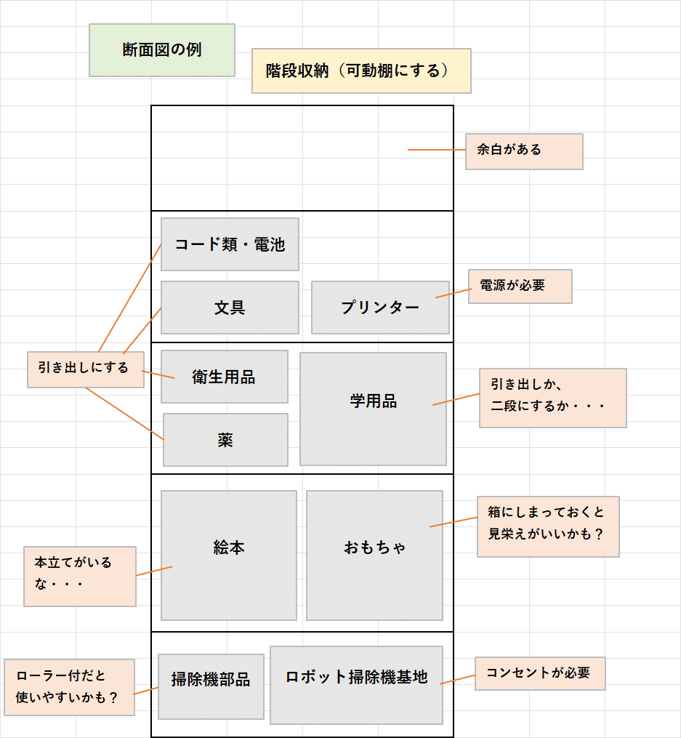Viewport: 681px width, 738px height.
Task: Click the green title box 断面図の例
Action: coord(162,50)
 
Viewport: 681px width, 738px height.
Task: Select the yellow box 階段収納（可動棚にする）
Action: coord(361,71)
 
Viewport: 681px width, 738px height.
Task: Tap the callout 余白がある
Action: coord(524,151)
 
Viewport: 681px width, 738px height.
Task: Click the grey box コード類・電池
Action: coord(230,244)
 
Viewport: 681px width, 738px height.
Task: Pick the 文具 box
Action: coord(230,308)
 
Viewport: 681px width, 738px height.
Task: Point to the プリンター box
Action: coord(380,308)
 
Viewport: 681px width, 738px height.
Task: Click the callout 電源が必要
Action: coord(520,286)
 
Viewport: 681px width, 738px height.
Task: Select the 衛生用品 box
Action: coord(224,377)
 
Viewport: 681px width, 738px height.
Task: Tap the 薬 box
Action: coord(225,440)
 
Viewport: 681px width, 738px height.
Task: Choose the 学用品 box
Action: coord(373,409)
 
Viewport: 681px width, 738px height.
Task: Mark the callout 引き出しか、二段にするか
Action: coord(552,398)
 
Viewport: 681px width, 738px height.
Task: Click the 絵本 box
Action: coord(229,555)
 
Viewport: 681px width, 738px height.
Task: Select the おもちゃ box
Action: coord(374,555)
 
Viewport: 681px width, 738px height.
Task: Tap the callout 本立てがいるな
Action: coord(80,577)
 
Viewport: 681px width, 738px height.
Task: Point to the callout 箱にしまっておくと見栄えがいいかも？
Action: coord(548,527)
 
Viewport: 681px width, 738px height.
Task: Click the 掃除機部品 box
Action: coord(211,686)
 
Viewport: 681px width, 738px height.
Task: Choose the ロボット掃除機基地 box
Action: coord(356,685)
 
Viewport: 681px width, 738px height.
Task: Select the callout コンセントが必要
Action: coord(540,674)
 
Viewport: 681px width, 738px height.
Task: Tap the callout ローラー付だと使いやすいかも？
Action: coord(69,687)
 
